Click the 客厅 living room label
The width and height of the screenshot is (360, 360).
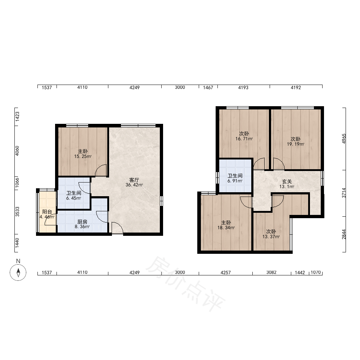(134, 180)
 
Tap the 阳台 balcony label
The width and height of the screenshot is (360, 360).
(47, 212)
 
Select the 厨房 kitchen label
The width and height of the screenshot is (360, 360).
(82, 222)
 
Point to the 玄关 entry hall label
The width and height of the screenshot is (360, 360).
(287, 181)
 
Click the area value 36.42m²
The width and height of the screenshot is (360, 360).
(134, 185)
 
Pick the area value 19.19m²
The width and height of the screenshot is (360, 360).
(296, 144)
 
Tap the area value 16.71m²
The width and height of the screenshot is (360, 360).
(244, 139)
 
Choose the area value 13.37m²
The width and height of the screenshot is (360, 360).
(271, 237)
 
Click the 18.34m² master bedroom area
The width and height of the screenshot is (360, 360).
(226, 228)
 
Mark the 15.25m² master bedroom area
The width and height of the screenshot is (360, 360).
(83, 157)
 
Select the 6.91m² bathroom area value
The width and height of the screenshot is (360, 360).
(235, 181)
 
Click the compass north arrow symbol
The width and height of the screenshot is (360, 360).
(18, 272)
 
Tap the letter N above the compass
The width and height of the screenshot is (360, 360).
(18, 261)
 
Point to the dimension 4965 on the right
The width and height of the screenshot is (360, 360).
(344, 139)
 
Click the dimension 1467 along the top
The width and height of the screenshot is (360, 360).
(208, 87)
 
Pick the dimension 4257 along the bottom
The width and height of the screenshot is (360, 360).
(225, 273)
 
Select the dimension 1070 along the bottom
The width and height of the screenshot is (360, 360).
(316, 272)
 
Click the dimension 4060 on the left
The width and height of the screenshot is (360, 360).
(17, 151)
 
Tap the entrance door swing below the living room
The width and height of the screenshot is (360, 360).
(117, 228)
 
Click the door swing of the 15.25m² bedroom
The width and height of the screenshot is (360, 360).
(101, 170)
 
